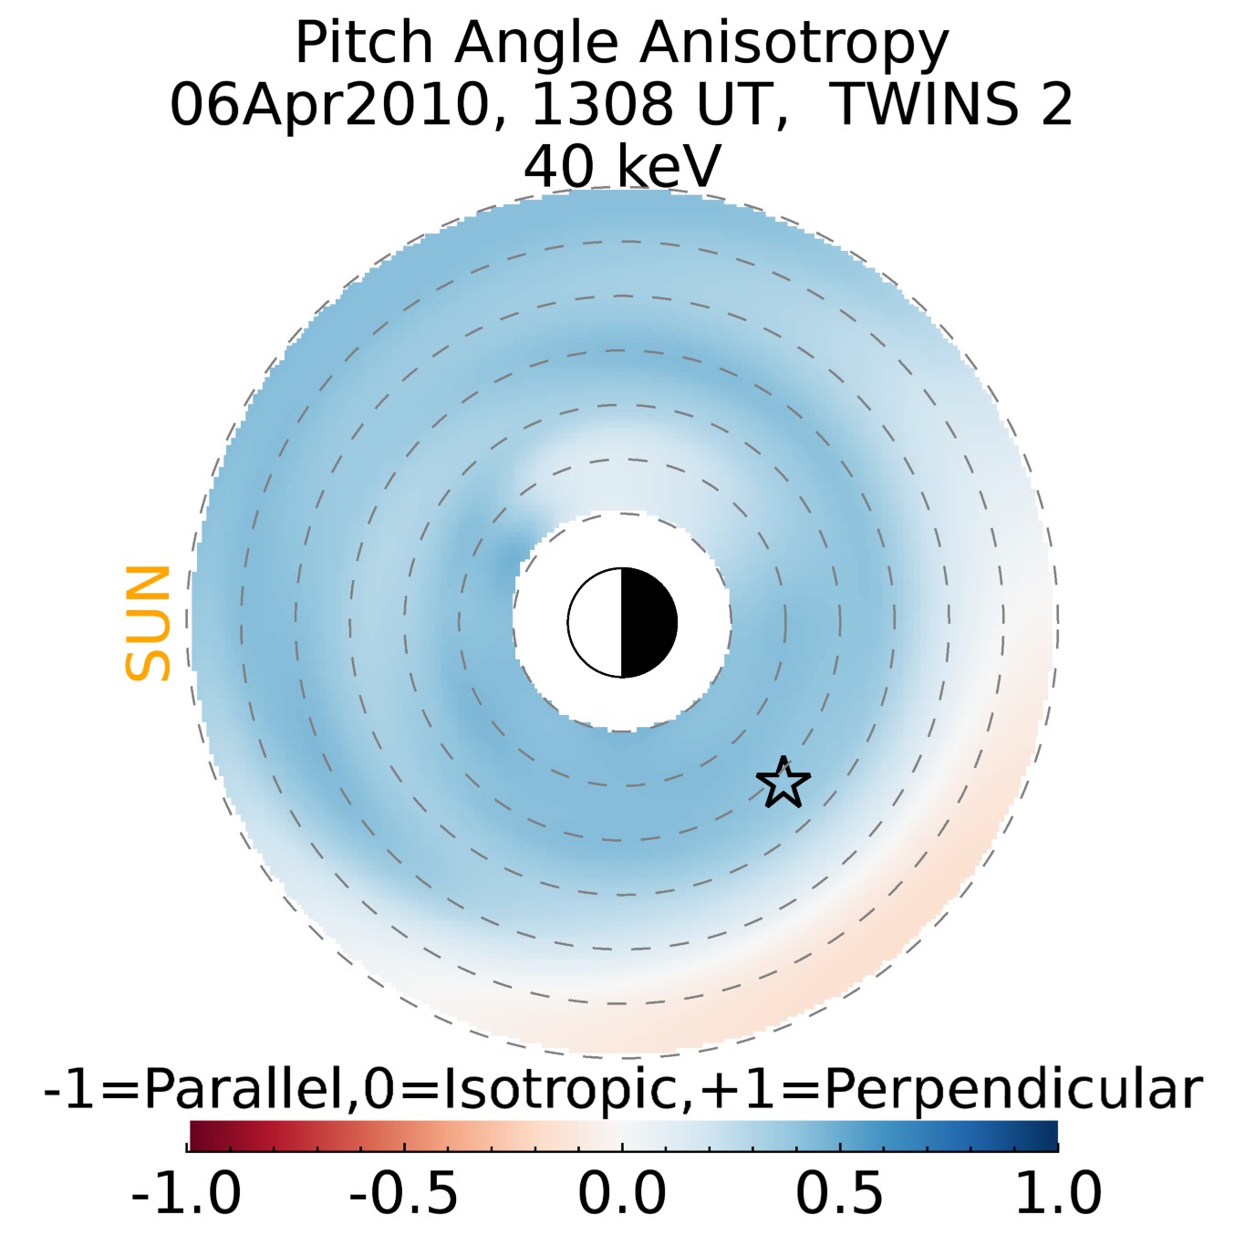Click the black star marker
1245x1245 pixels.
point(783,783)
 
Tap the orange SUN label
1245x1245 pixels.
point(148,623)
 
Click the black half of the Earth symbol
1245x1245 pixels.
point(648,623)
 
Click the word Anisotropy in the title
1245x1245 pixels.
point(794,43)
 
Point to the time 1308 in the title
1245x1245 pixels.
point(603,104)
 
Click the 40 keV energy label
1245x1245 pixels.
point(622,166)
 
